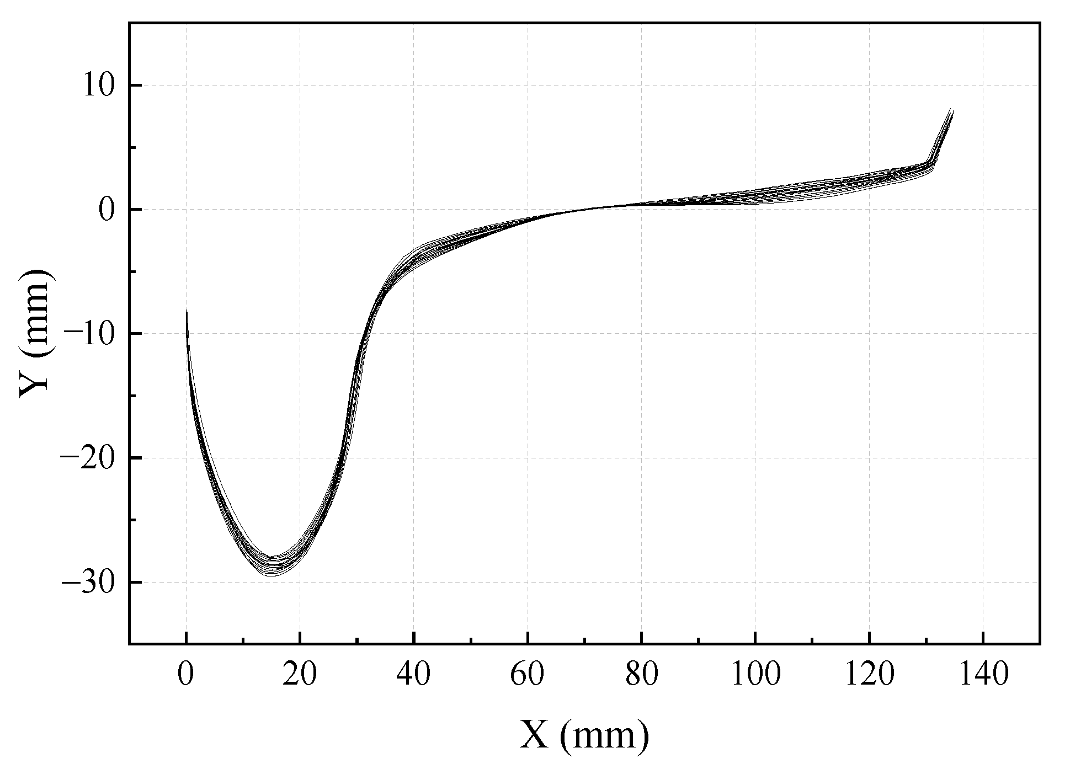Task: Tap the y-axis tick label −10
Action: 92,334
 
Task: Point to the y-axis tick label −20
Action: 92,458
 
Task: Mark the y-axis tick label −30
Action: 92,582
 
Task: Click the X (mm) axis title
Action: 584,735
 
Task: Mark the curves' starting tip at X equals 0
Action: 187,312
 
